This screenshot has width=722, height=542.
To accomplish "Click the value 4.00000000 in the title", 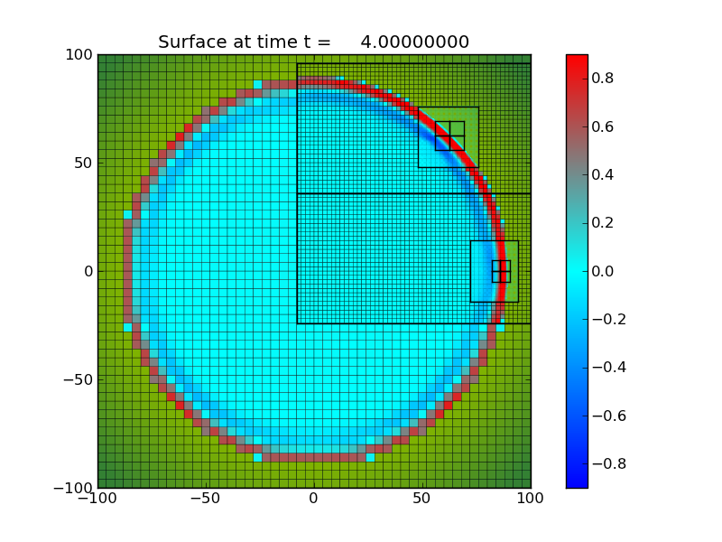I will pos(414,42).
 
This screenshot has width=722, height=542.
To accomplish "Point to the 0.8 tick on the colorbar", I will pos(604,79).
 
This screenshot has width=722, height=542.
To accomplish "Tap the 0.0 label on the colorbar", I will pos(604,271).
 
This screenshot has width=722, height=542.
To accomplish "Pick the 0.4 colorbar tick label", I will pos(604,174).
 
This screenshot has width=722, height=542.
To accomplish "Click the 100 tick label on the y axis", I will pos(79,54).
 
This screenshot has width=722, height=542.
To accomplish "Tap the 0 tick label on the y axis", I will pos(88,271).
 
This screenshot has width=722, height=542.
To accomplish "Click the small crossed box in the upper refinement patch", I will pos(449,135).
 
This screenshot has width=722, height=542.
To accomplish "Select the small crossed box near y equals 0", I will pos(501,271).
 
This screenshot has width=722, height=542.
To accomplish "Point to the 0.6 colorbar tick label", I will pos(604,126).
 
